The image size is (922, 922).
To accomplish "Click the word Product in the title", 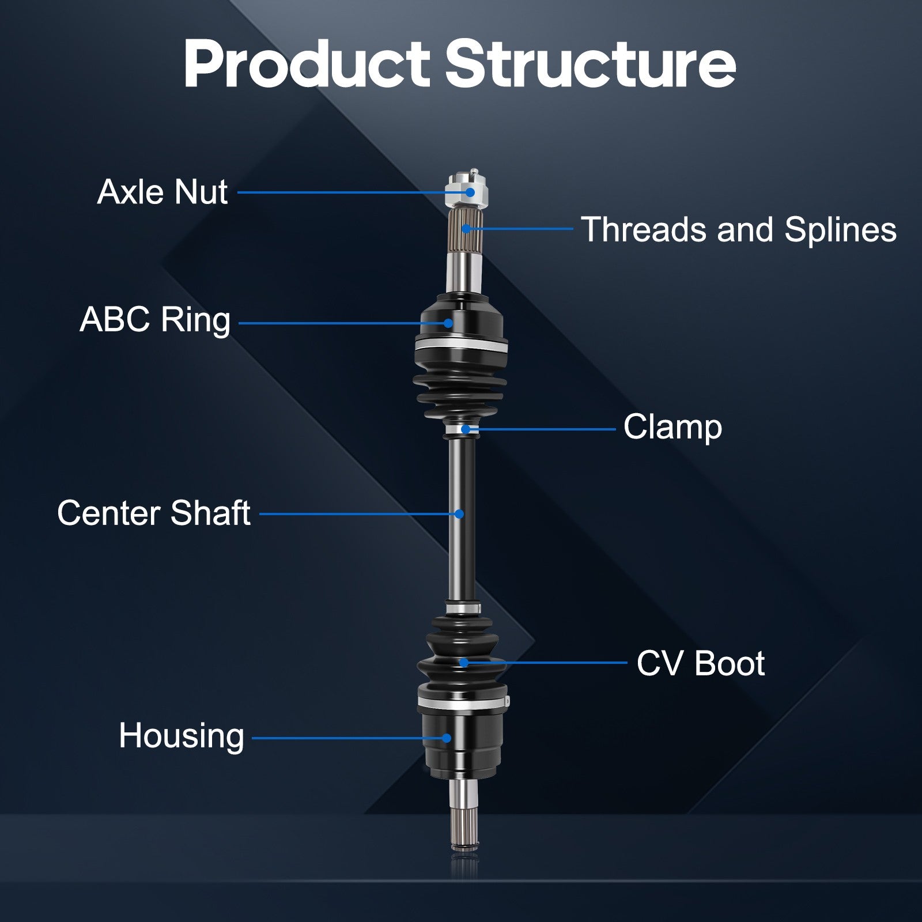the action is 307,64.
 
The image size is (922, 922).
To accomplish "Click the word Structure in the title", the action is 590,64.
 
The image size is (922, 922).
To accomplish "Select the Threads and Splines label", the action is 738,229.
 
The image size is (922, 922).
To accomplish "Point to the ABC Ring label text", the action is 155,320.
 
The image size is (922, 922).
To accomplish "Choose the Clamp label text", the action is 672,428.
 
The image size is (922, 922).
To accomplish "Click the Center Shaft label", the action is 154,513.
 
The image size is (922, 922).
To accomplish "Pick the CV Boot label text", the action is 700,663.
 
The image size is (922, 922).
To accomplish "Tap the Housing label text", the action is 182,736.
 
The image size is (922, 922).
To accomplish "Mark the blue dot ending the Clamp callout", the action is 466,429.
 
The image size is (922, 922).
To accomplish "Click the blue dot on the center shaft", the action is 459,513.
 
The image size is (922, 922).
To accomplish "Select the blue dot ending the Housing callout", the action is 447,738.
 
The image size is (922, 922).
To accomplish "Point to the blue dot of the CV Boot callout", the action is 464,663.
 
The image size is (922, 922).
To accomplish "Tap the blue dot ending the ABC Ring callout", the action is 448,323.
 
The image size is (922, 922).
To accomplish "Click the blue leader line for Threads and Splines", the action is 520,229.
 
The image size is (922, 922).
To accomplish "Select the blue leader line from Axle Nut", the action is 354,192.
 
